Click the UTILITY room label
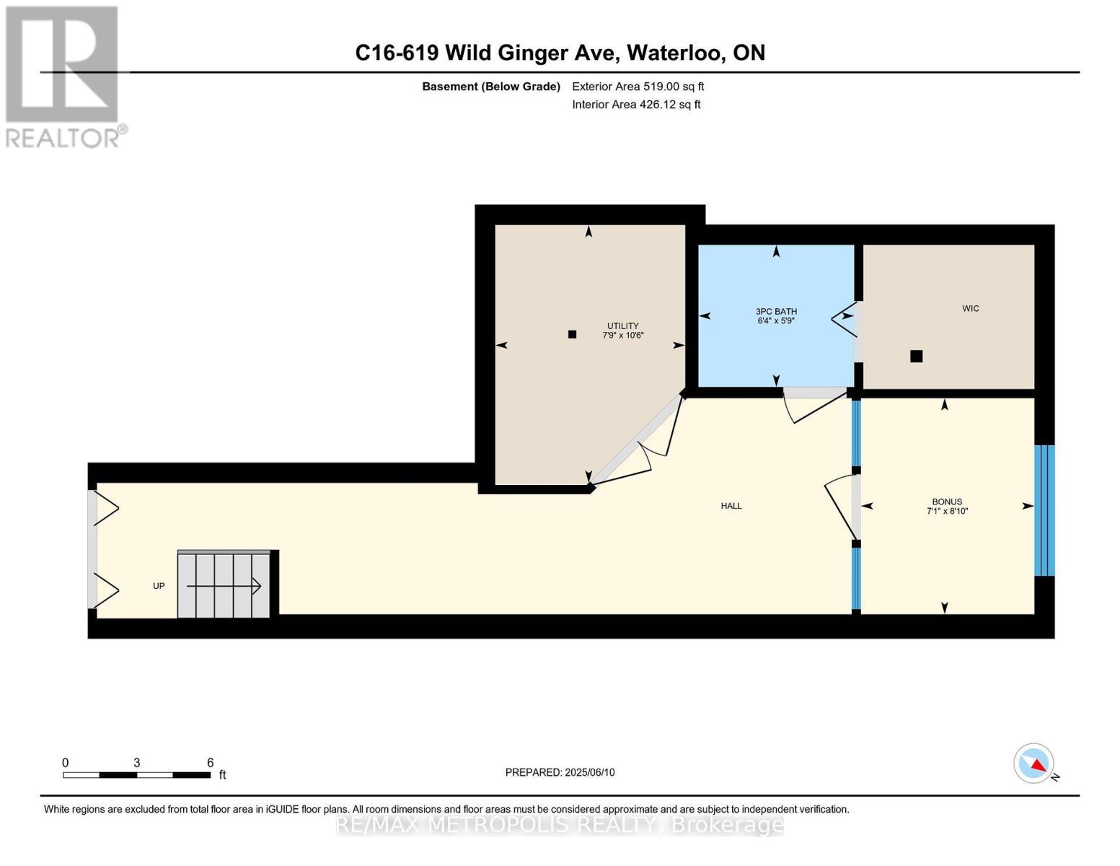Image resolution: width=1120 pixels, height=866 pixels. tap(622, 325)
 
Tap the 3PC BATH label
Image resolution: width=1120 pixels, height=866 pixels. tap(776, 311)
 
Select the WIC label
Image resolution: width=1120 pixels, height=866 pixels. tap(970, 308)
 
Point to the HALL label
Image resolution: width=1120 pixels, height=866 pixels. tap(731, 506)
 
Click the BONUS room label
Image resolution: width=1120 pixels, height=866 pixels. tap(947, 502)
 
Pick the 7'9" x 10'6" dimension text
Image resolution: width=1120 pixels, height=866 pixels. tap(622, 336)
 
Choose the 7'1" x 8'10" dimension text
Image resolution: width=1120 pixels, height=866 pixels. tap(947, 512)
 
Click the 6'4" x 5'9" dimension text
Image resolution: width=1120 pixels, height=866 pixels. tap(776, 321)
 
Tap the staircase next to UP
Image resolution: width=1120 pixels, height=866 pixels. tap(224, 585)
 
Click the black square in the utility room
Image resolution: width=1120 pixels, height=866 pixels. tap(572, 334)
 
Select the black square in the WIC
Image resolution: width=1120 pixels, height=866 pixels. tap(916, 356)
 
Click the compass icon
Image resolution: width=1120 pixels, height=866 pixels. tap(1033, 764)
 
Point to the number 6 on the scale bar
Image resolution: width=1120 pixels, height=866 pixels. tap(210, 763)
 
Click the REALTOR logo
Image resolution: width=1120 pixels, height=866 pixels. tap(63, 76)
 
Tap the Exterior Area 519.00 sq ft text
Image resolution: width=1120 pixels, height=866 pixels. tap(638, 87)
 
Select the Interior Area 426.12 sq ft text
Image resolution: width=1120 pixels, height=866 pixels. tap(636, 105)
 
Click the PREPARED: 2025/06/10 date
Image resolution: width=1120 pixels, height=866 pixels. tap(560, 772)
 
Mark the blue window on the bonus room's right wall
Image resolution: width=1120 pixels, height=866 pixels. tap(1044, 510)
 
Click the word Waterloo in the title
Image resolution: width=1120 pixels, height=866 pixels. tap(676, 53)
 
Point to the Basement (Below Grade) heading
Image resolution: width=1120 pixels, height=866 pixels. tap(490, 87)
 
